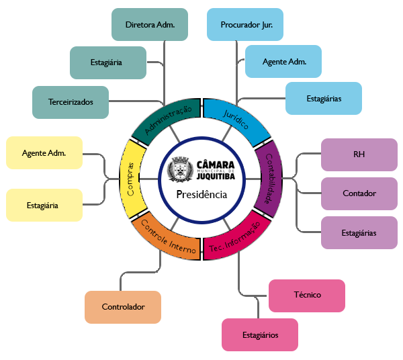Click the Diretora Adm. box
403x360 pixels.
(149, 25)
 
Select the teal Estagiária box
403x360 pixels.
(107, 63)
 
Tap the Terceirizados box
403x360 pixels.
(70, 102)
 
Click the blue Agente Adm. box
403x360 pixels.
(283, 62)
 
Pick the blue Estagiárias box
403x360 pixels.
(324, 98)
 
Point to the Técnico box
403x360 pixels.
(306, 295)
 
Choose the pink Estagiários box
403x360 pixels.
(259, 334)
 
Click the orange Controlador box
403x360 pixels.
(123, 307)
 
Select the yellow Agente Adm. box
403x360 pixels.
(44, 153)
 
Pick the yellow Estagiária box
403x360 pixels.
(44, 205)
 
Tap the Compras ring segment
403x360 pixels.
(132, 179)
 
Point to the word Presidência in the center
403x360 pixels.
(201, 195)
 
